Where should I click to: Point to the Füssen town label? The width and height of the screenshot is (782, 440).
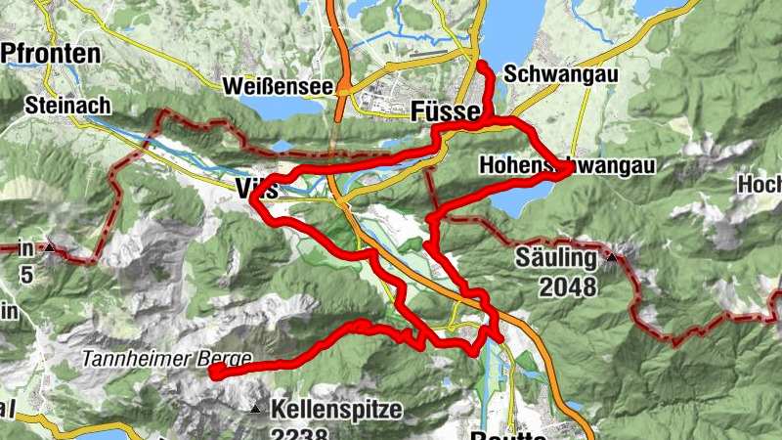coord(446,110)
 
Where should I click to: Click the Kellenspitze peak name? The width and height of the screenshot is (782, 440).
coord(337,409)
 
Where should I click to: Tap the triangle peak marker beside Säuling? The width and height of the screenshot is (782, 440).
coord(611,257)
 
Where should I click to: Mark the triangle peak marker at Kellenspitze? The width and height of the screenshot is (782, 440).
coord(256,409)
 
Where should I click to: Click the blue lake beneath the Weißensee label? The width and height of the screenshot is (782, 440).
coord(283,106)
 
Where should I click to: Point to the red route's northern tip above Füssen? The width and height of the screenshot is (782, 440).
coord(481,66)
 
